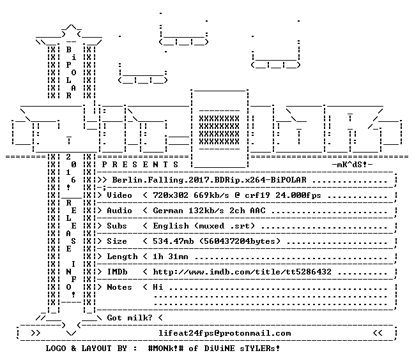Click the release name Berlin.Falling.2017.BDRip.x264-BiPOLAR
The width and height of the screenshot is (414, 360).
point(209,180)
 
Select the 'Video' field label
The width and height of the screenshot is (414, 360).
point(119,195)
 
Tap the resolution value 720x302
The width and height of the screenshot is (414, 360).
point(171,195)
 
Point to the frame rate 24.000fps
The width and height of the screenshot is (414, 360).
point(298,195)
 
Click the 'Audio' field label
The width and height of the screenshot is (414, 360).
point(119,211)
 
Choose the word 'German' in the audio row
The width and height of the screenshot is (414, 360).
point(168,211)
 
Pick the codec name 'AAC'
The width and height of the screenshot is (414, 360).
point(257,211)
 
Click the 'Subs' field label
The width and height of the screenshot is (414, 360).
point(117,226)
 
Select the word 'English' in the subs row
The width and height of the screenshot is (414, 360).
point(171,226)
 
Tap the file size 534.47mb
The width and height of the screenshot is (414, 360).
point(173,241)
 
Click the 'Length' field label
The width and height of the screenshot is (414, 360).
point(122,257)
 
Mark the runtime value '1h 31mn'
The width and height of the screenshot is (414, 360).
point(171,257)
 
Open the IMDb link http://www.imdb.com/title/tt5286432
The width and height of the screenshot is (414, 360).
point(242,272)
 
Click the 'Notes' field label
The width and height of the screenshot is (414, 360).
point(119,287)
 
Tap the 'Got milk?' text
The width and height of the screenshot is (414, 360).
point(130,317)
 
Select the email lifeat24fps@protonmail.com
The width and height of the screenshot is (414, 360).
point(225,333)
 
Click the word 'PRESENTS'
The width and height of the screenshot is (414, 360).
point(140,165)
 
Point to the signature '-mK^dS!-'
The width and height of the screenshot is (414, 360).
point(352,165)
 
